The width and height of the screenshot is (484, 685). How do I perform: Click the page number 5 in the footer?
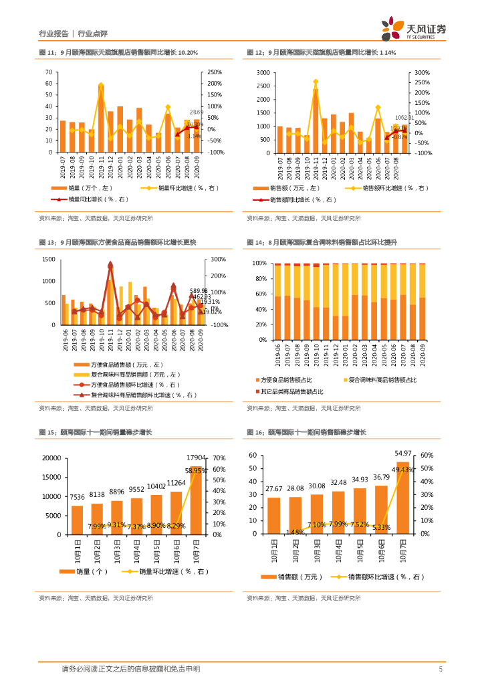(441, 669)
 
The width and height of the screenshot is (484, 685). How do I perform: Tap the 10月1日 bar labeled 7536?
(77, 520)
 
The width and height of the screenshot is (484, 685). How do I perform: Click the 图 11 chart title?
(118, 52)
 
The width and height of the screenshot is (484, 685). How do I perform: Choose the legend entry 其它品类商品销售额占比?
(293, 391)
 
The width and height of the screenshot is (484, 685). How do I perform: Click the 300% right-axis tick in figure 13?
(219, 260)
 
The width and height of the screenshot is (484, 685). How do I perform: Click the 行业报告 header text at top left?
(54, 33)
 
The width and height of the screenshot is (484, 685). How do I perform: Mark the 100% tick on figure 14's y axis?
(259, 263)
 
